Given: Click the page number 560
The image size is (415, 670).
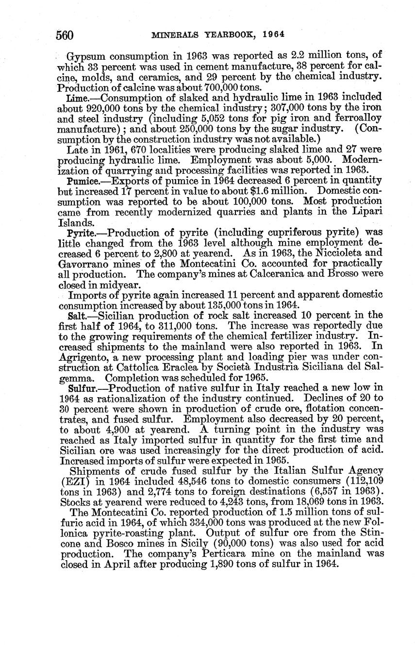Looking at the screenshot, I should (65, 35).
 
